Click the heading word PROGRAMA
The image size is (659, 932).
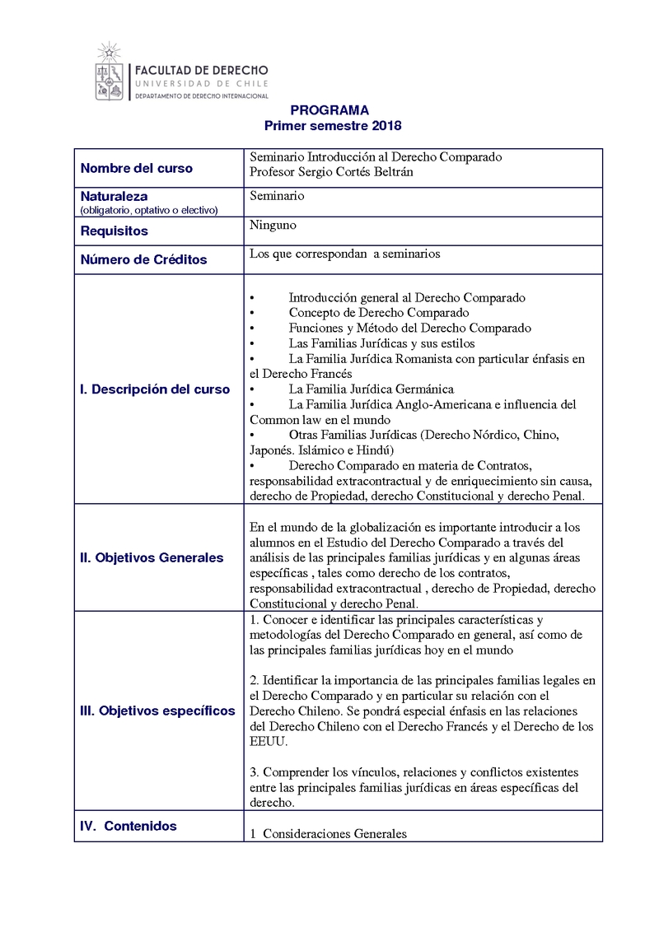(329, 110)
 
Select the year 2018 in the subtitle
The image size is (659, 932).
(386, 126)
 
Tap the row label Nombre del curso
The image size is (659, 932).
(136, 168)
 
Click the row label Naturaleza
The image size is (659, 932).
(114, 197)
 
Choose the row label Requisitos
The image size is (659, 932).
(114, 231)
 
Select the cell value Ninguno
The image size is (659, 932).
(273, 225)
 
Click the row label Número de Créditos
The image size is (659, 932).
(143, 259)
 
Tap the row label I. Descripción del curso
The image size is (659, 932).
(155, 389)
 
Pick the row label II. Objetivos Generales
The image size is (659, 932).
(152, 557)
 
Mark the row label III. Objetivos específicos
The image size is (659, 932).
(157, 711)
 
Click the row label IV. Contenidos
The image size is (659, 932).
(128, 826)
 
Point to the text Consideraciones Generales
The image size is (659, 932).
(334, 833)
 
